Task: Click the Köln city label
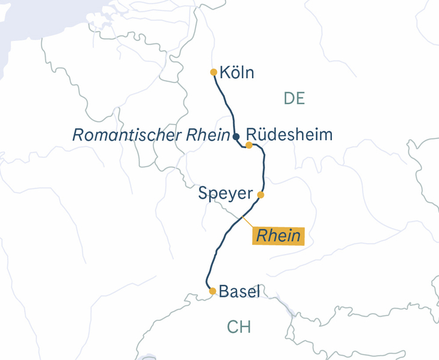pos(237,73)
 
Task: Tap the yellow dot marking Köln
pos(213,72)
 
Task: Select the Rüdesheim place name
pos(289,134)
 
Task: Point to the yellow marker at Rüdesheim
pos(249,145)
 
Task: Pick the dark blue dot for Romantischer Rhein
pos(236,137)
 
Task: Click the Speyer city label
pos(226,194)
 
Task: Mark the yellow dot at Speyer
pos(260,194)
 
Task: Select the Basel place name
pos(239,292)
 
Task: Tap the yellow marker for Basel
pos(212,291)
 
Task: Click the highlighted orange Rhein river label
pos(278,235)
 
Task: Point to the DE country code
pos(294,99)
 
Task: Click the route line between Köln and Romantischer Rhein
pos(227,105)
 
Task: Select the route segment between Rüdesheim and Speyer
pos(263,172)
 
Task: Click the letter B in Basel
pos(224,292)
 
